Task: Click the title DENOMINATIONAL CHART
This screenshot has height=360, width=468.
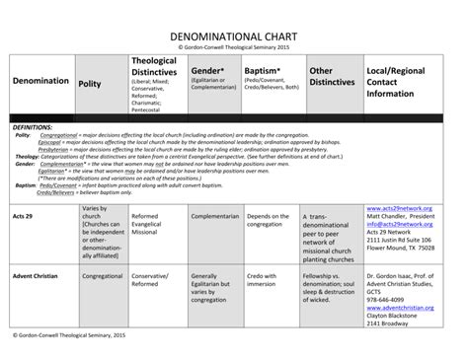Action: point(234,33)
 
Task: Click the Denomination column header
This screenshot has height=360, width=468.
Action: point(40,81)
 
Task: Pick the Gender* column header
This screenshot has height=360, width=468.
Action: point(208,71)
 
